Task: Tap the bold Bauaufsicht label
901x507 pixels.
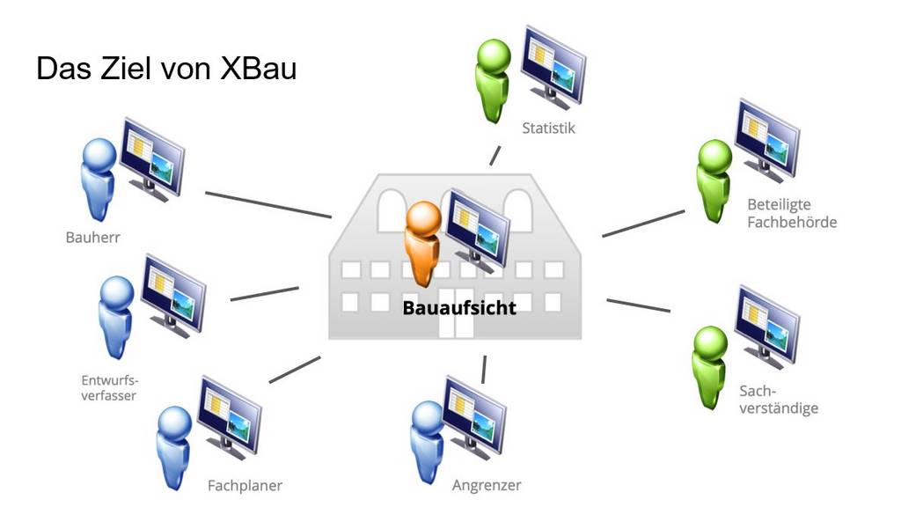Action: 459,307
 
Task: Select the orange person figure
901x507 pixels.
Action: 421,242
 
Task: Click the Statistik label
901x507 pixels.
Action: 548,129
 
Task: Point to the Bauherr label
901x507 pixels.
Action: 92,237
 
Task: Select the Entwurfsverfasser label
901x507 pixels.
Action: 109,388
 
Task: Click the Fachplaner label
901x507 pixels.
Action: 245,485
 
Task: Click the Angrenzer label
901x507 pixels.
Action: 487,485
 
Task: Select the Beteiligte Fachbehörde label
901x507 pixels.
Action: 791,214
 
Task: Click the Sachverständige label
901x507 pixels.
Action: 779,400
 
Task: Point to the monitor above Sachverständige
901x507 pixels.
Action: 766,323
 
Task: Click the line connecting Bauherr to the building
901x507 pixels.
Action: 267,204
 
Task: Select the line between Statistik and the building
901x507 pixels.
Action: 495,156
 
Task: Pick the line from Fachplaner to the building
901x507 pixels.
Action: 295,369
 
